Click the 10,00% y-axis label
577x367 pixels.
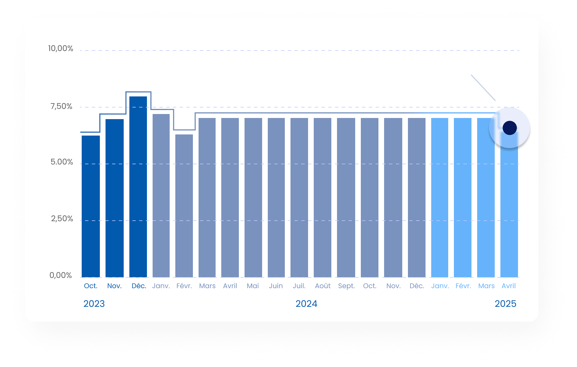click(61, 48)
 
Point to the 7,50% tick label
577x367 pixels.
click(61, 106)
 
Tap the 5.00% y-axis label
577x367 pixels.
click(62, 162)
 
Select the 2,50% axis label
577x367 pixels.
click(62, 219)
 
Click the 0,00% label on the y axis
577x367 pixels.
click(61, 275)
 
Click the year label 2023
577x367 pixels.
click(94, 304)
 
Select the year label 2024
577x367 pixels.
click(306, 304)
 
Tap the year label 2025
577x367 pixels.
click(506, 304)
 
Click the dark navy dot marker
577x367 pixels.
click(509, 128)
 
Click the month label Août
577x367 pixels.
click(323, 286)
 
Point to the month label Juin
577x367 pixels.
click(276, 286)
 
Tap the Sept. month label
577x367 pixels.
click(346, 286)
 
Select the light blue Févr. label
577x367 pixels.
click(463, 286)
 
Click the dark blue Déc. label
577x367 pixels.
click(139, 286)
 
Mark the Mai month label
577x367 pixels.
click(253, 286)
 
